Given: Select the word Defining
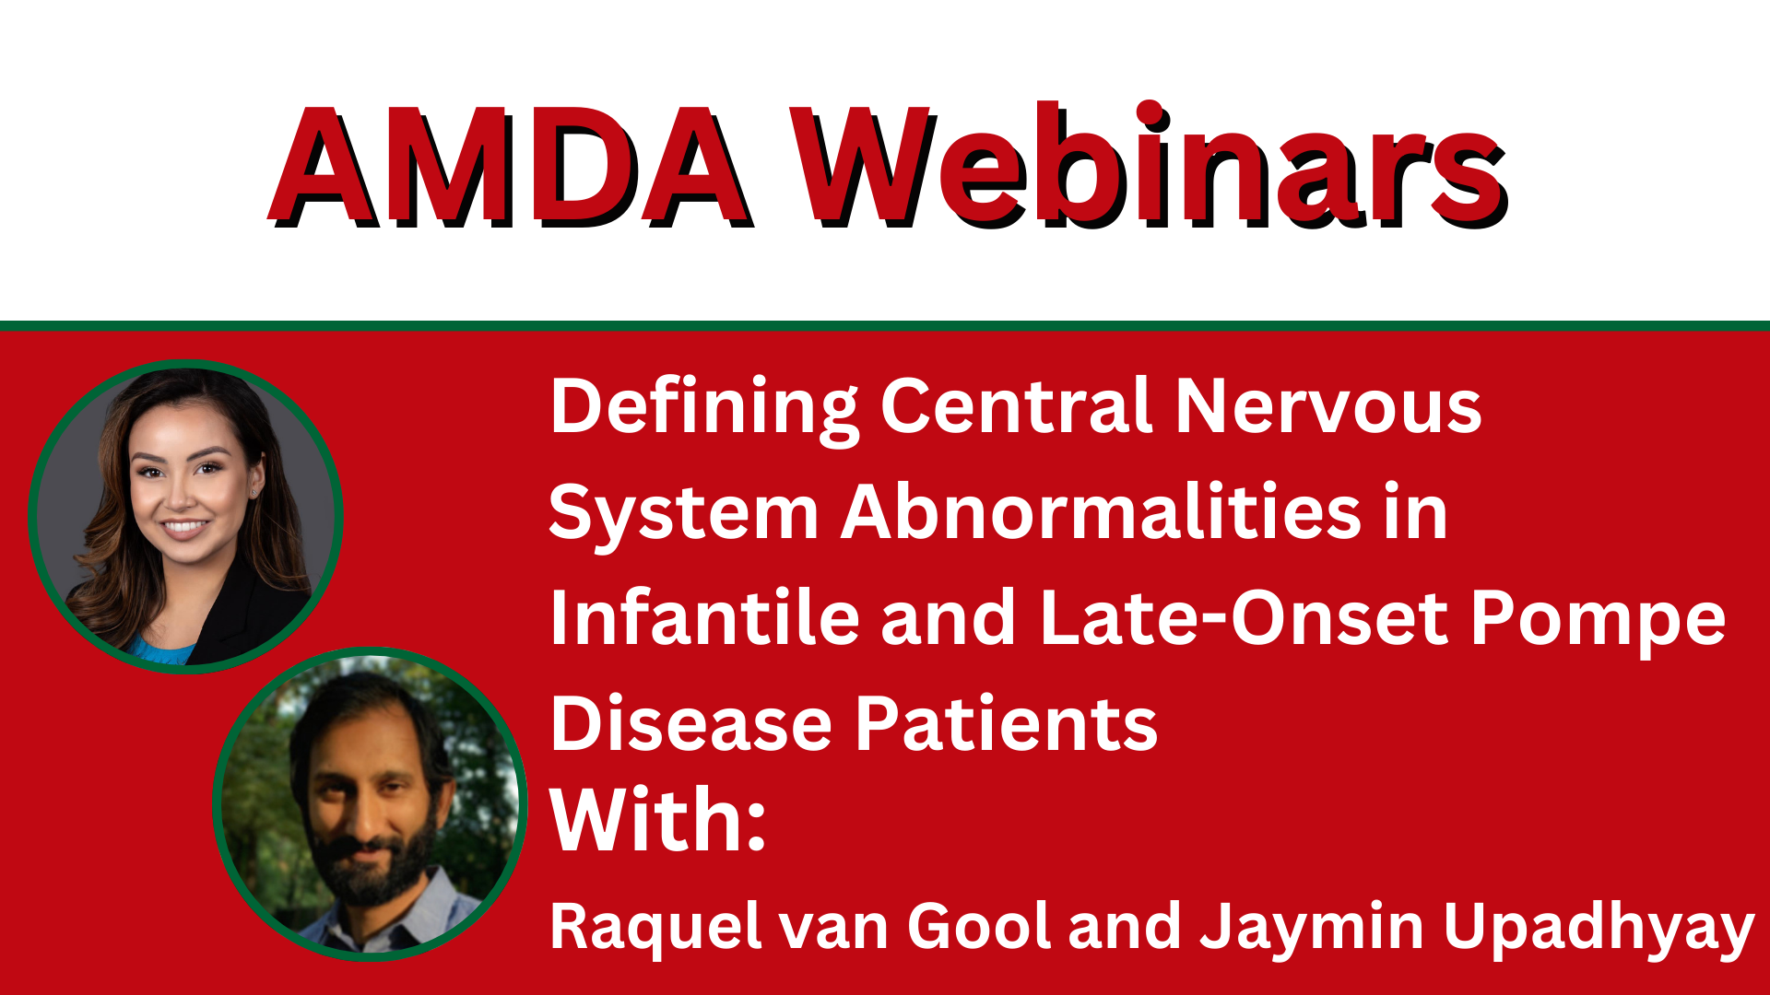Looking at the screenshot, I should click(702, 407).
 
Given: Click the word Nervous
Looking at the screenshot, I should click(1327, 407).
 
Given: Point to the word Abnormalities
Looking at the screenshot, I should click(1100, 512).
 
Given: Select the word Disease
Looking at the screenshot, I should click(691, 724).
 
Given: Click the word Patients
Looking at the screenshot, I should click(1006, 724).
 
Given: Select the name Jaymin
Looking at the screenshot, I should click(1311, 928).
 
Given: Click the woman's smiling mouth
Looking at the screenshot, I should click(185, 529).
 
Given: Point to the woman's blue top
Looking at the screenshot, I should click(159, 650).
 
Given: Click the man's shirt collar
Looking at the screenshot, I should click(433, 907).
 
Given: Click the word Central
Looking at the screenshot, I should click(1015, 407).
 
